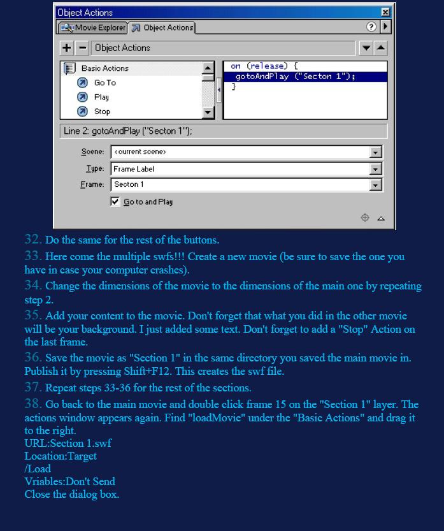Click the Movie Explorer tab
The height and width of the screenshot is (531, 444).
tap(93, 28)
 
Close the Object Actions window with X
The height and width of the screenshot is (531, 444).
tap(385, 12)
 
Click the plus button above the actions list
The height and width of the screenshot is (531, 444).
tap(67, 48)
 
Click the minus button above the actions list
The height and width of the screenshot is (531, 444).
tap(82, 48)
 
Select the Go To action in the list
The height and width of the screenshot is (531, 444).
tap(104, 83)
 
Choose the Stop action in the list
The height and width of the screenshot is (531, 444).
tap(102, 112)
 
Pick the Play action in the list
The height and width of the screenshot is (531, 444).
tap(101, 98)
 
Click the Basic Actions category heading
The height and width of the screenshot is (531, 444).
tap(104, 68)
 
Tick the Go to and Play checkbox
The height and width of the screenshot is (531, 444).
tap(115, 201)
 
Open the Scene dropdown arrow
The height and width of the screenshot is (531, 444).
tap(376, 152)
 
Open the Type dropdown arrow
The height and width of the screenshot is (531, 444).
tap(376, 169)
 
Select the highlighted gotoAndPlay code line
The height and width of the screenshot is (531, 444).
tap(295, 76)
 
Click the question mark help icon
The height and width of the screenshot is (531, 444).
tap(371, 27)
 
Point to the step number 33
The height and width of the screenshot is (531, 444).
tap(33, 256)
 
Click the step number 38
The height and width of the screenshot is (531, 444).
tap(33, 404)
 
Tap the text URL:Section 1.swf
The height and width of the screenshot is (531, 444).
tap(68, 443)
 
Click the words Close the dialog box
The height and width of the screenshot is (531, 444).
tap(72, 494)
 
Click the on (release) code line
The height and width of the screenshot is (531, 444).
tap(264, 66)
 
